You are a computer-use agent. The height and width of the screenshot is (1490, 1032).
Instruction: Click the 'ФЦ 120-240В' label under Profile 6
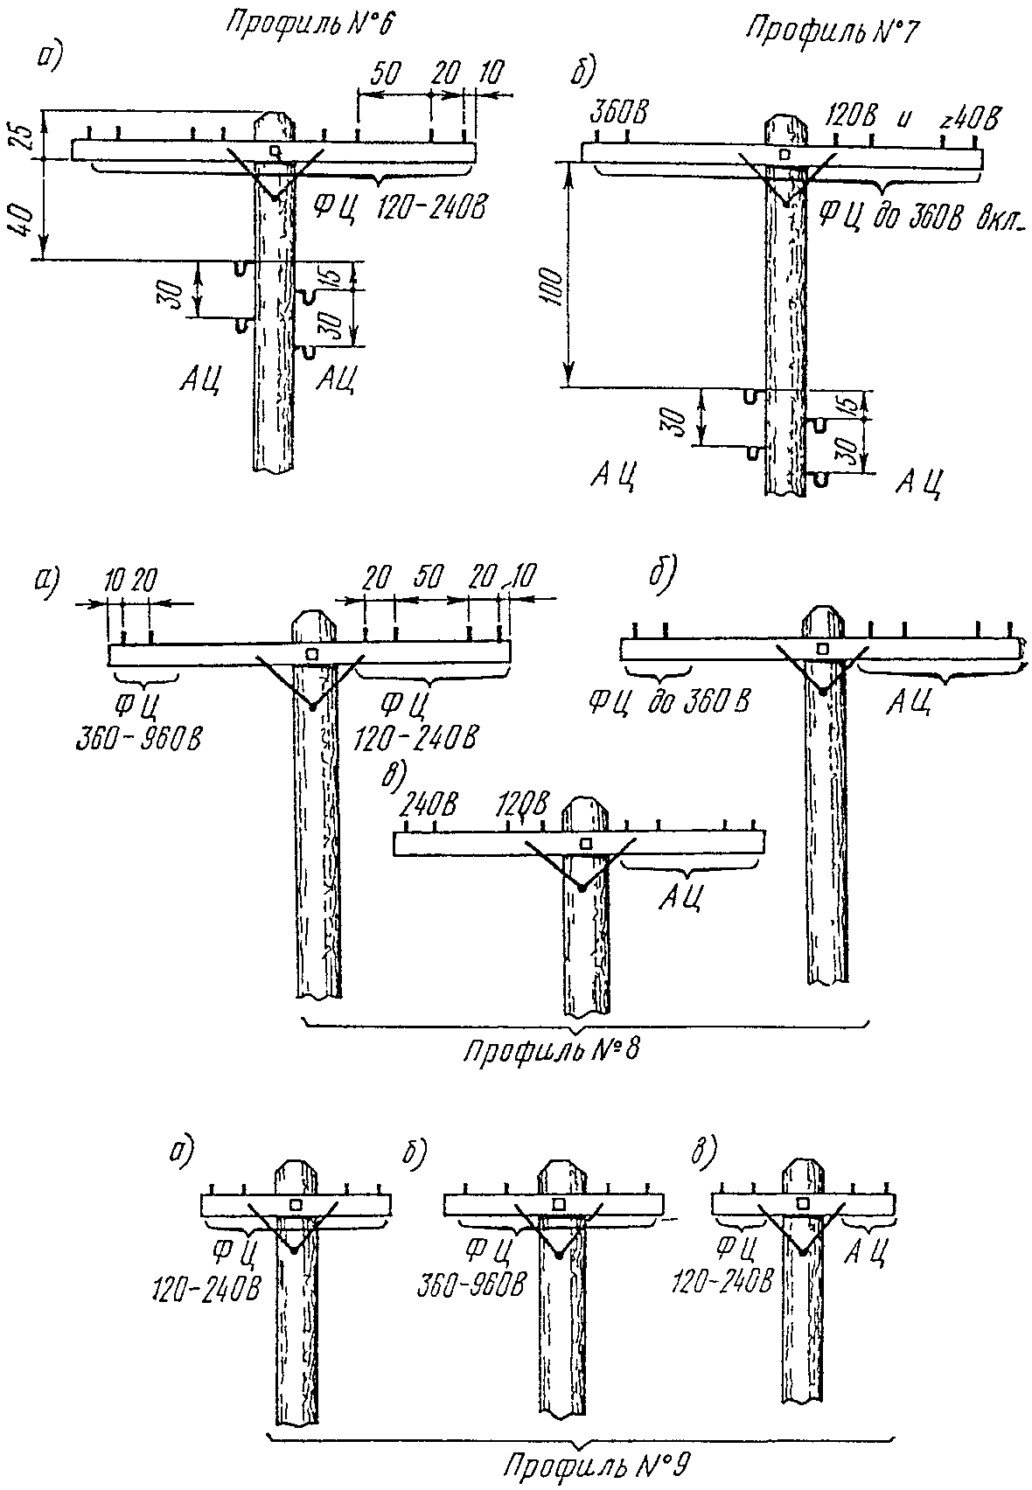click(x=399, y=207)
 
